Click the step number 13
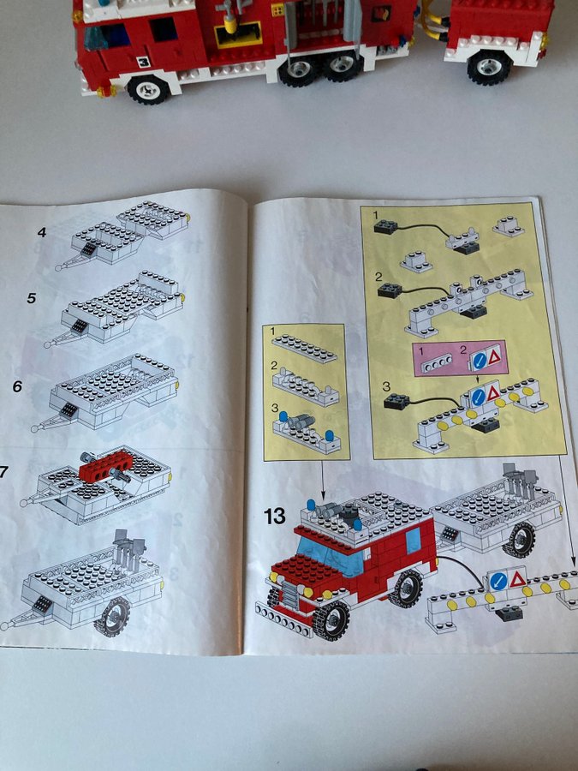(x=274, y=517)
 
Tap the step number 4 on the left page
(x=42, y=232)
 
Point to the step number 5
(x=32, y=298)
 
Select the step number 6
(x=17, y=386)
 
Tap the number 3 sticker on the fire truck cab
(x=143, y=62)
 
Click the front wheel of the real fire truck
(x=148, y=89)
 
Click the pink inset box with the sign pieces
(x=460, y=358)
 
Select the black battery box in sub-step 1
(x=386, y=226)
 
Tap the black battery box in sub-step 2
(x=390, y=290)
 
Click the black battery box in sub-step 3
(x=396, y=403)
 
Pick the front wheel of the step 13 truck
(x=331, y=621)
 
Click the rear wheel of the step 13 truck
(x=406, y=588)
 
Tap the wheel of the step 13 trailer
(x=519, y=540)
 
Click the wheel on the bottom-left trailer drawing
(x=112, y=617)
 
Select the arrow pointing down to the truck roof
(x=323, y=481)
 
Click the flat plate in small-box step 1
(x=305, y=349)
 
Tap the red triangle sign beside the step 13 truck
(x=517, y=579)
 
